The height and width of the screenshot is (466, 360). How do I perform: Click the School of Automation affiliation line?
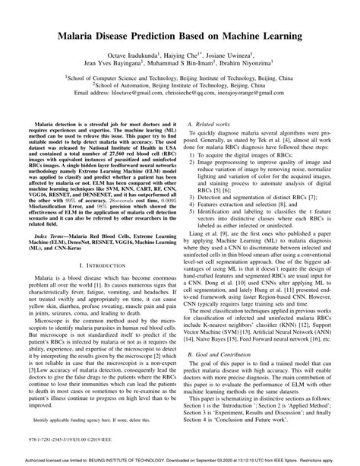point(179,86)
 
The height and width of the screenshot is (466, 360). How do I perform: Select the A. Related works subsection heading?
point(206,122)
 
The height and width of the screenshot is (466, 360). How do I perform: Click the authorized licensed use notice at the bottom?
point(179,459)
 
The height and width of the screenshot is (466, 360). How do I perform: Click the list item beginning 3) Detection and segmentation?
point(258,193)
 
